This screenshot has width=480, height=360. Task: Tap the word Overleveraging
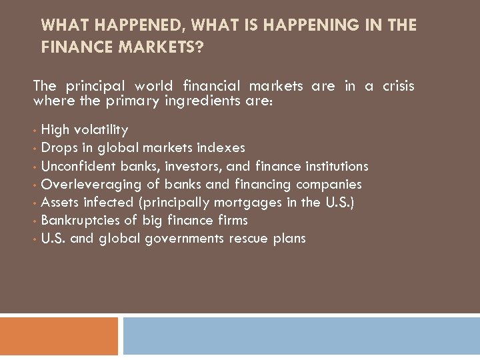[x=83, y=184]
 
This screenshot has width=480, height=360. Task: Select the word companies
[x=330, y=184]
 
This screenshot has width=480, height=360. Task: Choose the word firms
[x=232, y=220]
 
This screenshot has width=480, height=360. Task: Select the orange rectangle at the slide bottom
[x=59, y=335]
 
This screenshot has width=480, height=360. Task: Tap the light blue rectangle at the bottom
[x=301, y=335]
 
